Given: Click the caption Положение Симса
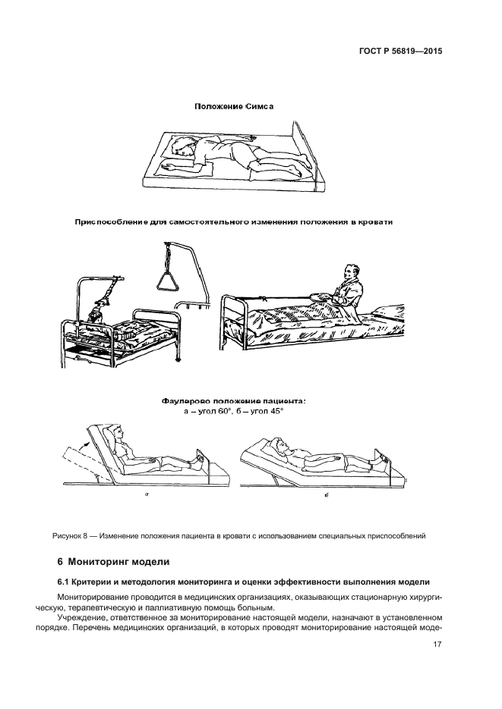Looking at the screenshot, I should (233, 106).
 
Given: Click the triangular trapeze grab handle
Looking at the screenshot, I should (168, 282).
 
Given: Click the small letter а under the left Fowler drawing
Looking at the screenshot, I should (145, 494).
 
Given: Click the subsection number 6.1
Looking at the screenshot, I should (65, 582).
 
